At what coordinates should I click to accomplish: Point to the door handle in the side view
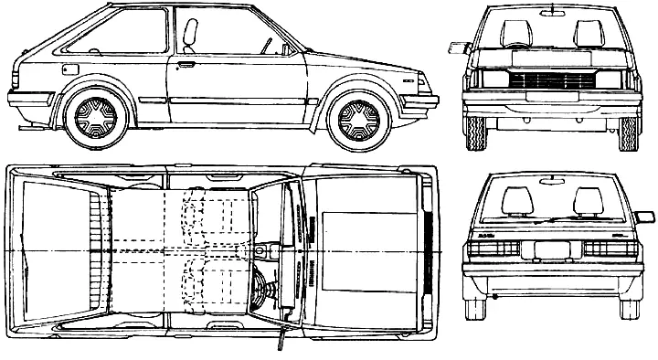(186, 66)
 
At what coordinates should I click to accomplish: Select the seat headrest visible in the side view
(190, 34)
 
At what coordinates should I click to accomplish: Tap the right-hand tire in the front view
(629, 132)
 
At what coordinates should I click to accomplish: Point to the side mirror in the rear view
(644, 217)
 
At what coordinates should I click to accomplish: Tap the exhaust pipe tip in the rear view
(494, 297)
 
